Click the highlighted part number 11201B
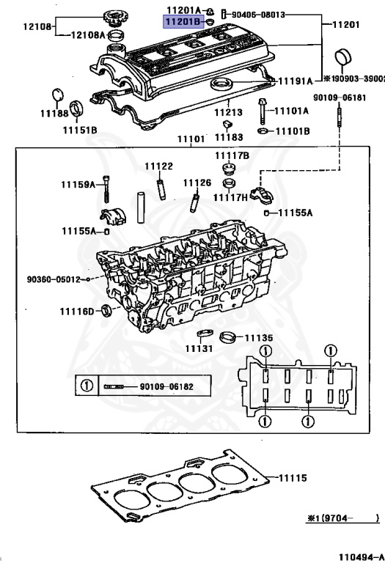183,22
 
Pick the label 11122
158,166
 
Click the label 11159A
79,185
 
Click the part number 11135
258,338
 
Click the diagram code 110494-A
360,556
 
